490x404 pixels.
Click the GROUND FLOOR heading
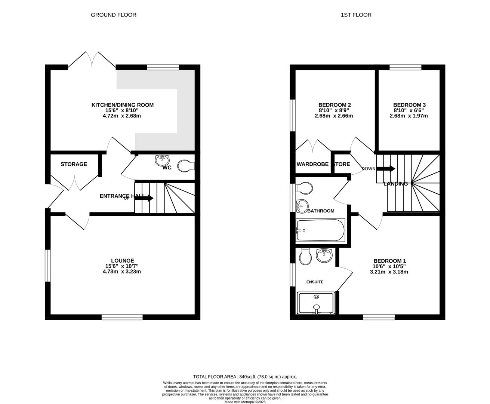click(x=114, y=15)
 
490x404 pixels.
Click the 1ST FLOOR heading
click(x=356, y=15)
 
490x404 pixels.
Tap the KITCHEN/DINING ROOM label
click(x=122, y=105)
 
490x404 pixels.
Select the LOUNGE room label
click(x=122, y=261)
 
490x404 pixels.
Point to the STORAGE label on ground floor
click(x=74, y=164)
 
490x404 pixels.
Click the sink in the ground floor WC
click(x=162, y=160)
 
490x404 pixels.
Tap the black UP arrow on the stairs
click(x=144, y=198)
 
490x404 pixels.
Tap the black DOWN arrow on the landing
click(x=386, y=169)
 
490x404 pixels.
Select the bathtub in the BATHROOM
click(x=320, y=230)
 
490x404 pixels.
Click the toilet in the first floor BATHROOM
click(x=304, y=188)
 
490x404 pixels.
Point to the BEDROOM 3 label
click(x=409, y=105)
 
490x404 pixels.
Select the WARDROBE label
click(x=312, y=164)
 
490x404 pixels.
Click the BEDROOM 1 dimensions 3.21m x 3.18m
click(x=390, y=272)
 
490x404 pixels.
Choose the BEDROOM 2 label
click(x=334, y=105)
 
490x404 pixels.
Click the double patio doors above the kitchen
click(x=92, y=60)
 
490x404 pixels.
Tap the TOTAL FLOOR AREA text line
click(x=245, y=377)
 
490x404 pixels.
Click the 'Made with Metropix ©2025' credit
click(x=245, y=402)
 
